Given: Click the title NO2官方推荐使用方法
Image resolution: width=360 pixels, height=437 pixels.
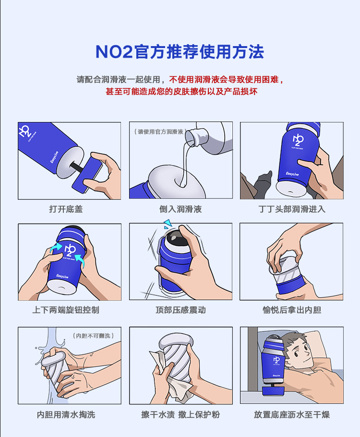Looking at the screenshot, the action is (x=180, y=52).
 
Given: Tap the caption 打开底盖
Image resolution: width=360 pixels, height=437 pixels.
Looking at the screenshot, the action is (x=66, y=209).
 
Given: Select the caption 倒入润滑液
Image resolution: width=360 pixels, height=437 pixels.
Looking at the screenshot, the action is (x=180, y=209).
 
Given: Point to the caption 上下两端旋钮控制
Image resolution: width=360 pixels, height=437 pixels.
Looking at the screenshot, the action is (x=66, y=310).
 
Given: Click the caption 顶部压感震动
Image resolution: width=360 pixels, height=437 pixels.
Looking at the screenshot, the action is (x=180, y=310).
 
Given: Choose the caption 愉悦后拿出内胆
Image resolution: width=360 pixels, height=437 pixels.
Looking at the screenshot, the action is (x=292, y=310).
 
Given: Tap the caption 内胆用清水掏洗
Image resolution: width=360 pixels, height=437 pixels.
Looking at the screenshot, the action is (x=66, y=414).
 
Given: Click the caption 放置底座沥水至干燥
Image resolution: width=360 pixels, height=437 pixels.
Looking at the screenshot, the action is (x=292, y=414).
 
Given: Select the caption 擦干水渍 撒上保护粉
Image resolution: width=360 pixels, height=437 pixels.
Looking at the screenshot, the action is (x=180, y=414).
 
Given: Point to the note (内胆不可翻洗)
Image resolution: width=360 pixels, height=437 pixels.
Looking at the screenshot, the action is (x=93, y=336).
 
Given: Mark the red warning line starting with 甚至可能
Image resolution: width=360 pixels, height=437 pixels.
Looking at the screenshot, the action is (x=181, y=91).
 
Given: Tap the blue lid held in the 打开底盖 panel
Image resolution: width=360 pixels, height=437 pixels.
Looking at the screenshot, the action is (x=87, y=175).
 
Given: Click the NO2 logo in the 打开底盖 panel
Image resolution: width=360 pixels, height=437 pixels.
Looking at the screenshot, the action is (x=25, y=131).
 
